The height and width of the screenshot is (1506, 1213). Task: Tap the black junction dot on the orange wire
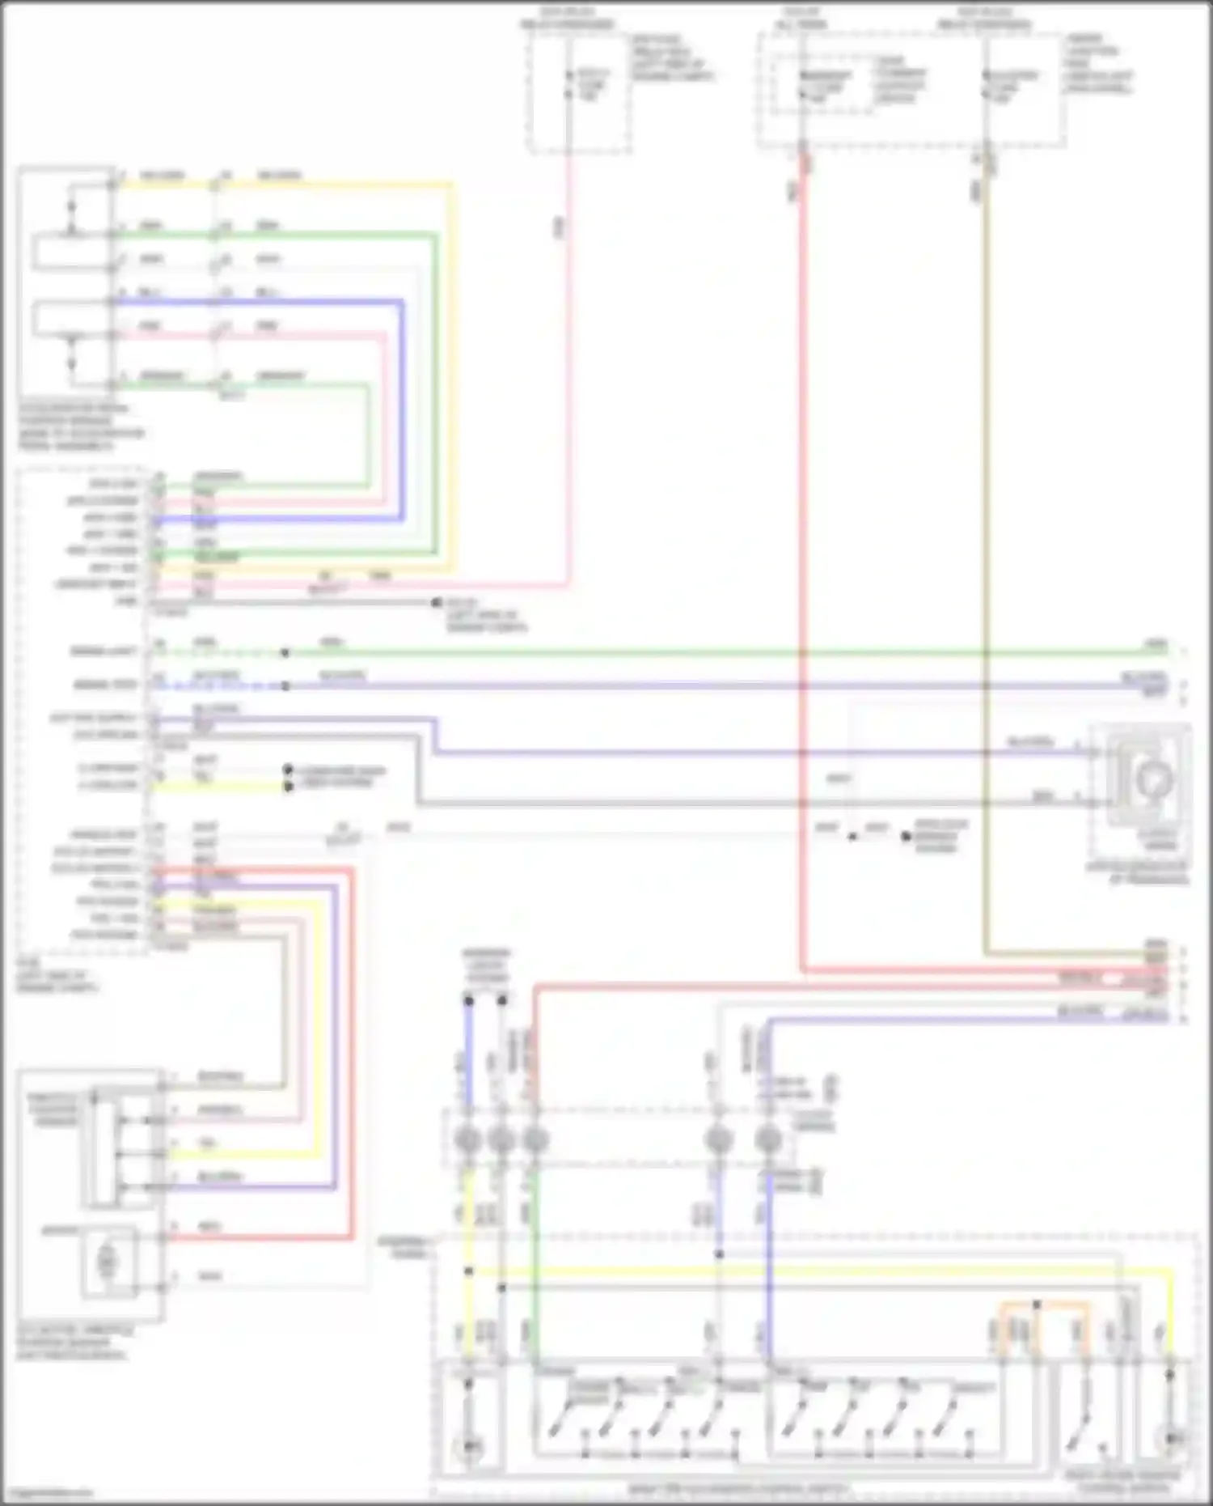1037,1304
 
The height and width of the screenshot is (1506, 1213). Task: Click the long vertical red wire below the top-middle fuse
803,566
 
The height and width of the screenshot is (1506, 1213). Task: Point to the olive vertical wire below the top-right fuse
985,566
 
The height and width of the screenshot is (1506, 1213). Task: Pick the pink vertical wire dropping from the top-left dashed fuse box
569,364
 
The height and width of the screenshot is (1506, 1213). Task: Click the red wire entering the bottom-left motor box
259,1237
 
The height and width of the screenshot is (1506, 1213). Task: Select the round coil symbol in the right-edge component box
1152,779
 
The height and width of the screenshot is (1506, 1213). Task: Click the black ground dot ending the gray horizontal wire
437,603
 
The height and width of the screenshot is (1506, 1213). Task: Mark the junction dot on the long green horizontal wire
285,652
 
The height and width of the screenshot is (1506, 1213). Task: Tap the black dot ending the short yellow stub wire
288,786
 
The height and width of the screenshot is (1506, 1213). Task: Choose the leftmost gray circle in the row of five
467,1140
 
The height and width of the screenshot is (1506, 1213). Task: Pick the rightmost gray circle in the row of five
768,1140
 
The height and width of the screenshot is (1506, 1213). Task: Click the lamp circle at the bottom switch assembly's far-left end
468,1445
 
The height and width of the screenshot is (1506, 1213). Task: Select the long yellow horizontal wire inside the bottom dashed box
809,1271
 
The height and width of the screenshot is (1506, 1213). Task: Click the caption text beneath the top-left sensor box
81,427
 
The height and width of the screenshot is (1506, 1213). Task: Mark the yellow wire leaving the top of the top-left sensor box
283,185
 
